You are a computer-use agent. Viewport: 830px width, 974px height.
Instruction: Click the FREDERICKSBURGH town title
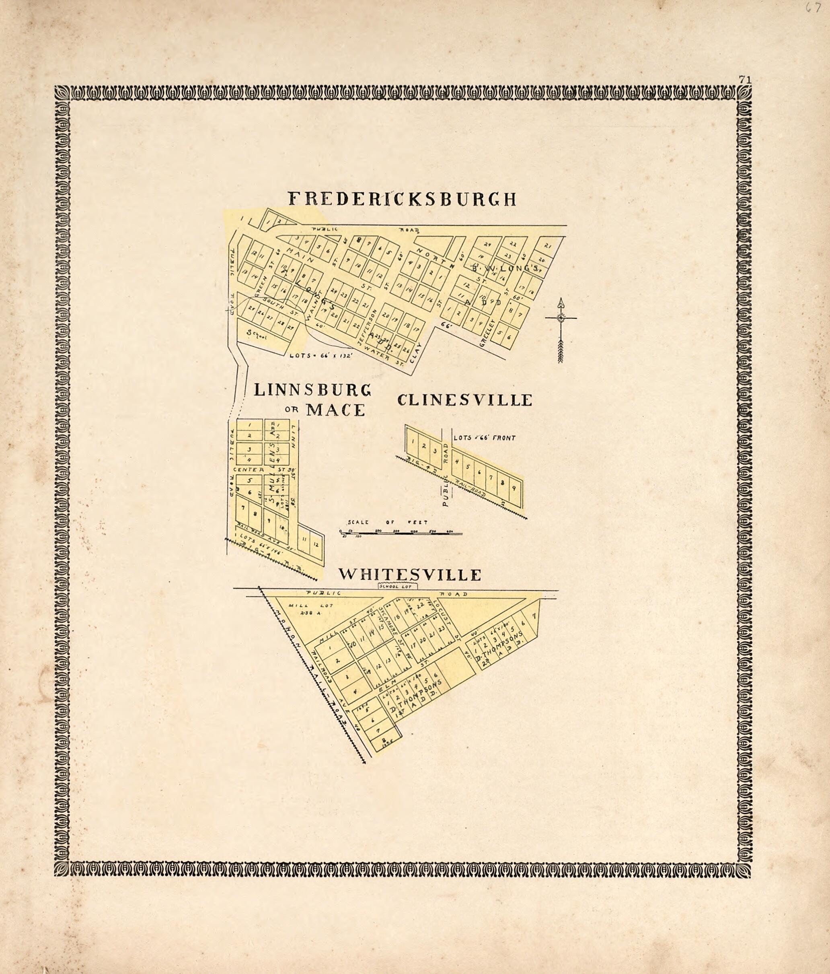tap(402, 199)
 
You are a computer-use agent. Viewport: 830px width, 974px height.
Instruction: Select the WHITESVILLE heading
tap(410, 575)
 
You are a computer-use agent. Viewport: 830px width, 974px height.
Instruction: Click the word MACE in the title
tap(335, 410)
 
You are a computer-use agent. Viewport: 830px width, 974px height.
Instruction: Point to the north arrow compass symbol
tap(560, 329)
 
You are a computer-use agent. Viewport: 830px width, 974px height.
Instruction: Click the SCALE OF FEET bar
tap(401, 533)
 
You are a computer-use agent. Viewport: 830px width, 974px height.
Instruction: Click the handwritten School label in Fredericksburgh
tap(257, 334)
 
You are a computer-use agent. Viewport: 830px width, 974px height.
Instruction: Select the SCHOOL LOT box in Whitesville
tap(398, 586)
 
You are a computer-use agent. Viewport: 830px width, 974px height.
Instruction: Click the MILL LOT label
tap(311, 605)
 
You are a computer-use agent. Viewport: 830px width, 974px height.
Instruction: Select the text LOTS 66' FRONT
tap(484, 438)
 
